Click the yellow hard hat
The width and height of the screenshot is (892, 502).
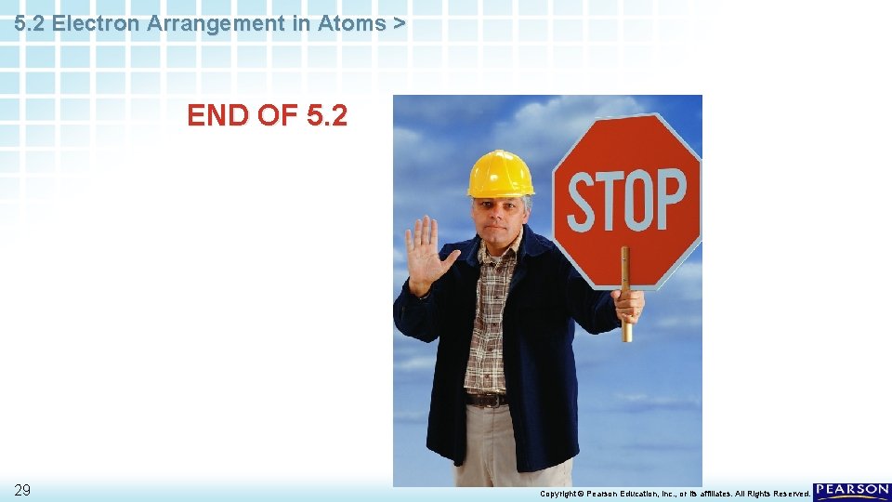tap(500, 174)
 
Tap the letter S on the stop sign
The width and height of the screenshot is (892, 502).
tap(584, 202)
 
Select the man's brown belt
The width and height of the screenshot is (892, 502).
tap(486, 400)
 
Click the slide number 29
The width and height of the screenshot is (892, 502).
tap(23, 490)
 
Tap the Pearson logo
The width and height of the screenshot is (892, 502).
tap(851, 492)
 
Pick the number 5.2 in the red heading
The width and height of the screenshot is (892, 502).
tap(325, 116)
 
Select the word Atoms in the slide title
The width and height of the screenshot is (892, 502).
tap(350, 24)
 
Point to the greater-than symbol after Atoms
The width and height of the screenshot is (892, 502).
tap(399, 24)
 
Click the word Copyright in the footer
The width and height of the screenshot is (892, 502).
tap(559, 494)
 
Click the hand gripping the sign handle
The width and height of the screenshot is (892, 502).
tap(629, 304)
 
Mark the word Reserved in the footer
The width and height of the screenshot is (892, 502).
tap(789, 494)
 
